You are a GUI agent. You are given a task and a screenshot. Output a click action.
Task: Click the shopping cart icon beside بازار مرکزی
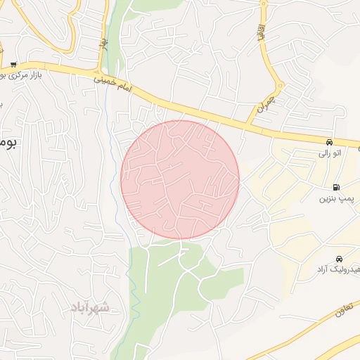pos(14,64)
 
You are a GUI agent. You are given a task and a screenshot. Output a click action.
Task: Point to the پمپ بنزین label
pos(335,198)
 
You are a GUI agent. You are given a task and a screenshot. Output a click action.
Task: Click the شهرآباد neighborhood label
pos(90,307)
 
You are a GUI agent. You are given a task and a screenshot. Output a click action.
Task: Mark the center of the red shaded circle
pos(180,179)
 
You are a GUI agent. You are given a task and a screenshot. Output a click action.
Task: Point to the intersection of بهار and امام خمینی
pos(98,75)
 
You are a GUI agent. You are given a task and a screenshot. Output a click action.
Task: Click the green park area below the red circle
pos(169,281)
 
